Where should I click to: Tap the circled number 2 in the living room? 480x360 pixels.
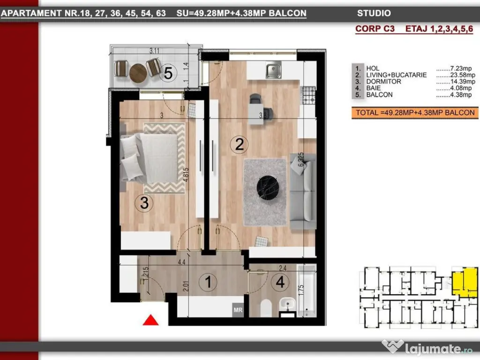pyautogui.click(x=240, y=144)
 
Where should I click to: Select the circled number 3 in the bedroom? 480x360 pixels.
pyautogui.click(x=144, y=203)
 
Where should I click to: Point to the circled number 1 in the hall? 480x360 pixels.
pyautogui.click(x=207, y=282)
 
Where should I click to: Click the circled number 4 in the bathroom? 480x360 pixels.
pyautogui.click(x=280, y=282)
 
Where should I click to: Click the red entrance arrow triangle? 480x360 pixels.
pyautogui.click(x=150, y=320)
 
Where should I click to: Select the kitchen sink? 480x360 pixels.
pyautogui.click(x=273, y=71)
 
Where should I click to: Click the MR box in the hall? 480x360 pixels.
pyautogui.click(x=238, y=310)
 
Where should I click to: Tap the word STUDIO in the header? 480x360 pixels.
pyautogui.click(x=374, y=14)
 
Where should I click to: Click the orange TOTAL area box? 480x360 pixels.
pyautogui.click(x=415, y=112)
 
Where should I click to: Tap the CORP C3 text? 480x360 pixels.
pyautogui.click(x=375, y=29)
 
